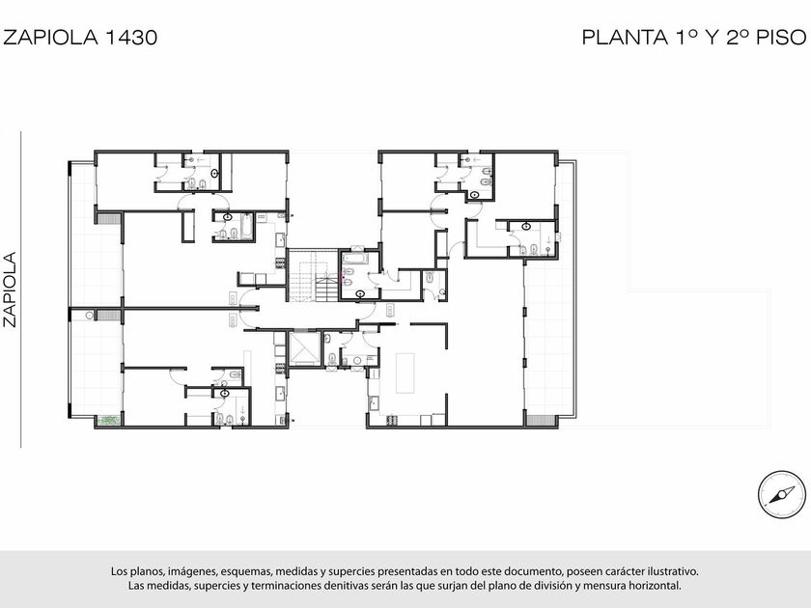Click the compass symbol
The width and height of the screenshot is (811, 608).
click(781, 495)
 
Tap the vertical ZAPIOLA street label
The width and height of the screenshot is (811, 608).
click(10, 289)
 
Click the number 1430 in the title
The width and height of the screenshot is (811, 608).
click(131, 38)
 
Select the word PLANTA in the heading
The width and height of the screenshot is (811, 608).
click(625, 38)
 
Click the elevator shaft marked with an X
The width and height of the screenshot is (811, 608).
click(303, 349)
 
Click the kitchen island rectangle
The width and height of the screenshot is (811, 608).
click(405, 373)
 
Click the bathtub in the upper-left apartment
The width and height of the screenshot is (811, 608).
click(247, 226)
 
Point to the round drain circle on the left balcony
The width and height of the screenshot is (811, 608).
click(90, 315)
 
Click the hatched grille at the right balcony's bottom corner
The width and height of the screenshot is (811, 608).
click(540, 420)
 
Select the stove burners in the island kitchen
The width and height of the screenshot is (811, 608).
click(393, 420)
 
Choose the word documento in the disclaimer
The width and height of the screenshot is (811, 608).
click(535, 571)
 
